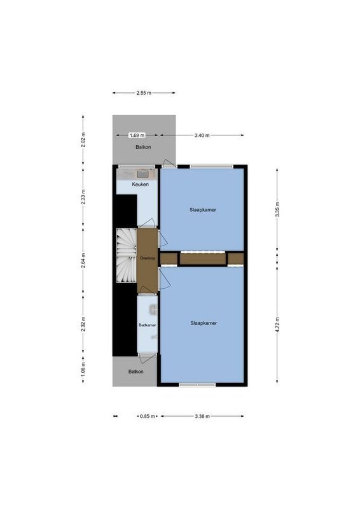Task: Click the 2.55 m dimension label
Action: click(x=144, y=93)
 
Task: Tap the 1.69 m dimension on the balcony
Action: click(x=136, y=136)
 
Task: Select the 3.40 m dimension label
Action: click(x=202, y=136)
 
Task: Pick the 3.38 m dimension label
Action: click(x=204, y=417)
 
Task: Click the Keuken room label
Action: click(x=141, y=185)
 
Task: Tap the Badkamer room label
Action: click(x=148, y=325)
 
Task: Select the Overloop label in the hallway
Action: click(x=148, y=258)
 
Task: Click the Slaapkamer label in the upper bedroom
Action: click(x=202, y=209)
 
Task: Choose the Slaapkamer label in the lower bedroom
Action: click(x=204, y=323)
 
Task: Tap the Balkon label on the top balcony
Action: click(x=144, y=148)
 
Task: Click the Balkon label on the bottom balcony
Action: click(x=135, y=372)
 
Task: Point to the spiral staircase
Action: click(x=126, y=256)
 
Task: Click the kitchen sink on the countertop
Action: click(x=143, y=173)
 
